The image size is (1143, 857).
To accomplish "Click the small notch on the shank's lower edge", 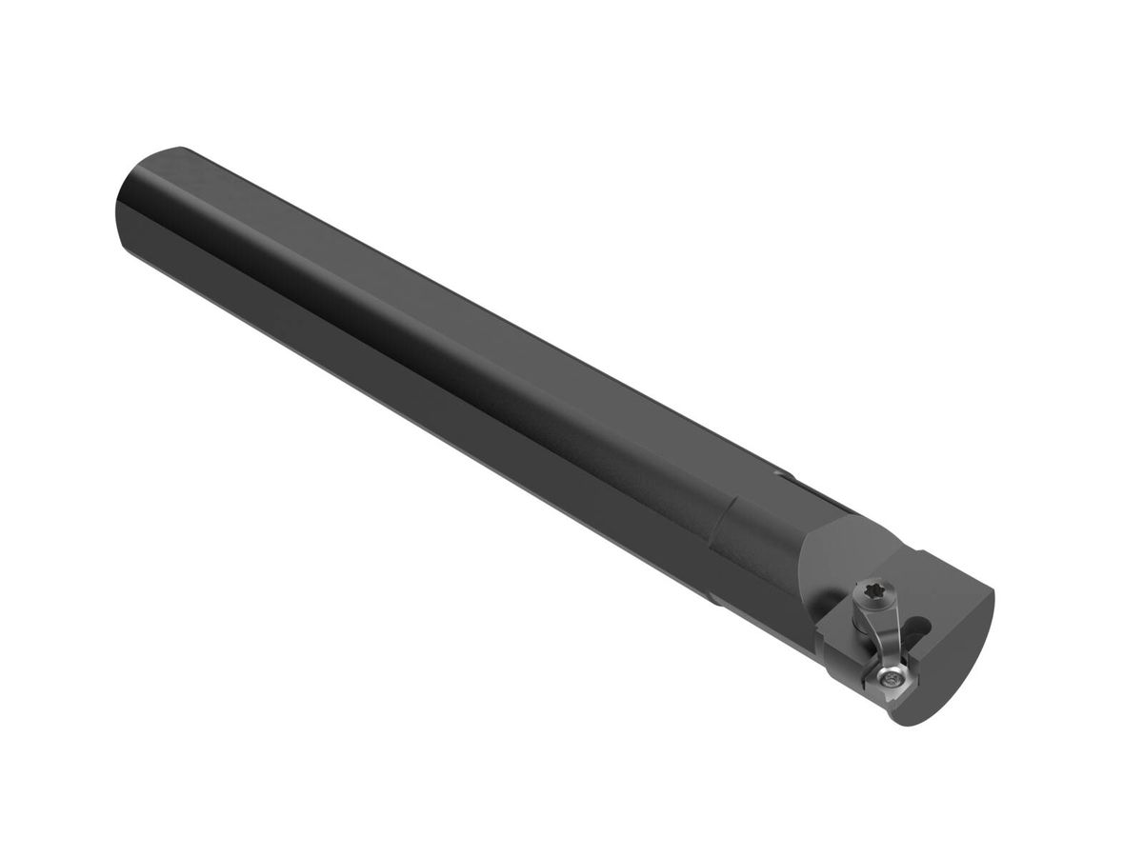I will tap(713, 599).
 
